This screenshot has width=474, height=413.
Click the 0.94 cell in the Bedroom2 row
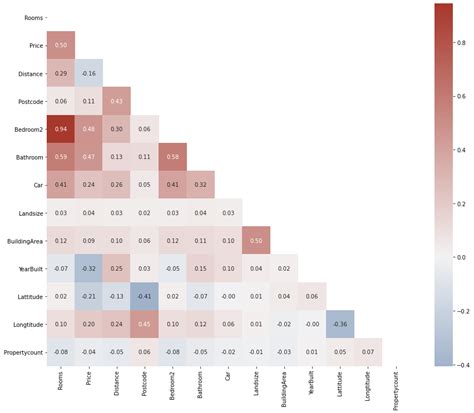pyautogui.click(x=61, y=129)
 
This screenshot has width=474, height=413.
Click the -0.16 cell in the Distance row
pyautogui.click(x=89, y=74)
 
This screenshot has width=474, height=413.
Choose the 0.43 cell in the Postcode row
pyautogui.click(x=117, y=101)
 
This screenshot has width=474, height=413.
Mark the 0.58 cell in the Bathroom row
pyautogui.click(x=173, y=157)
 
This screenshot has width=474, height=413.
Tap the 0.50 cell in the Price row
pyautogui.click(x=61, y=46)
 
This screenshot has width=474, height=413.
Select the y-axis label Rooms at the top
pyautogui.click(x=32, y=18)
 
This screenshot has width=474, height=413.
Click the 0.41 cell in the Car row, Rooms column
pyautogui.click(x=61, y=185)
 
